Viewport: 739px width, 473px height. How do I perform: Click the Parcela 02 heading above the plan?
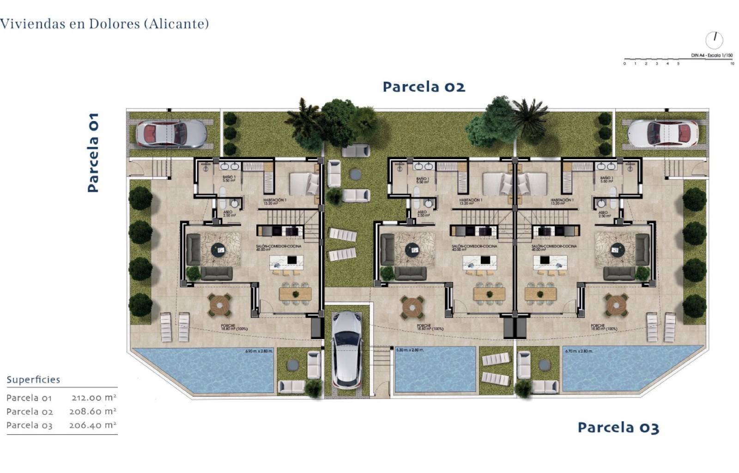pyautogui.click(x=424, y=87)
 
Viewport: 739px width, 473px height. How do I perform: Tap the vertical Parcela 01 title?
pyautogui.click(x=93, y=152)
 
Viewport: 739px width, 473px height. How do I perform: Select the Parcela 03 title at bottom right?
pyautogui.click(x=618, y=428)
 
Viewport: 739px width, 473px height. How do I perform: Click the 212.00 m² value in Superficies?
pyautogui.click(x=93, y=397)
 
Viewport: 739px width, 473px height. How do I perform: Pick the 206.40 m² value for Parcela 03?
pyautogui.click(x=92, y=425)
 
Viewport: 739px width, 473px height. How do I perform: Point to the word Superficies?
pyautogui.click(x=33, y=380)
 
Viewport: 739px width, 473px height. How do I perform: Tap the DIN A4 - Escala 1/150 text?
pyautogui.click(x=712, y=55)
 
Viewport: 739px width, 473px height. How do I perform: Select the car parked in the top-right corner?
pyautogui.click(x=664, y=133)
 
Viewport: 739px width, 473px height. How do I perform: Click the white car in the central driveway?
pyautogui.click(x=347, y=349)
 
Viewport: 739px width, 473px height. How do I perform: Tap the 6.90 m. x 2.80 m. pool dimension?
pyautogui.click(x=259, y=351)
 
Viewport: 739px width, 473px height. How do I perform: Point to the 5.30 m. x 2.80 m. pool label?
pyautogui.click(x=410, y=350)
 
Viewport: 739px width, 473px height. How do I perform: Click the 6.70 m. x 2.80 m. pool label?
pyautogui.click(x=579, y=351)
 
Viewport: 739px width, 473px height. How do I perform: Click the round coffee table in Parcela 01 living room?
pyautogui.click(x=219, y=250)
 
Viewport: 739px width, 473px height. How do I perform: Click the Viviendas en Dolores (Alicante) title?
pyautogui.click(x=104, y=24)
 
